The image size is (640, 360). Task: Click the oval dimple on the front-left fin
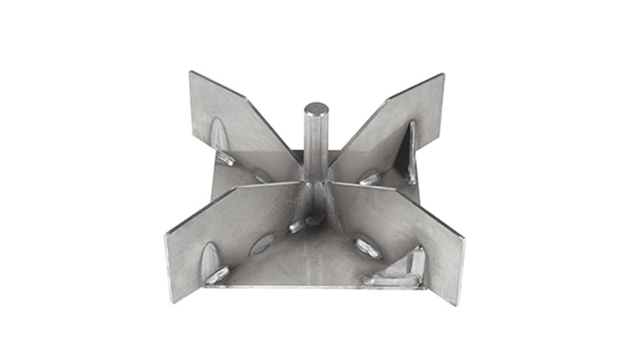(x=210, y=258)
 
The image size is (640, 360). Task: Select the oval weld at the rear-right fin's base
(x=370, y=177)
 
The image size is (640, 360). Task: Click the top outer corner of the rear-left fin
(x=190, y=73)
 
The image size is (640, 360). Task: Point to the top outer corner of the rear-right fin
(x=443, y=75)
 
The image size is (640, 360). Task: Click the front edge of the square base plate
(x=320, y=287)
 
